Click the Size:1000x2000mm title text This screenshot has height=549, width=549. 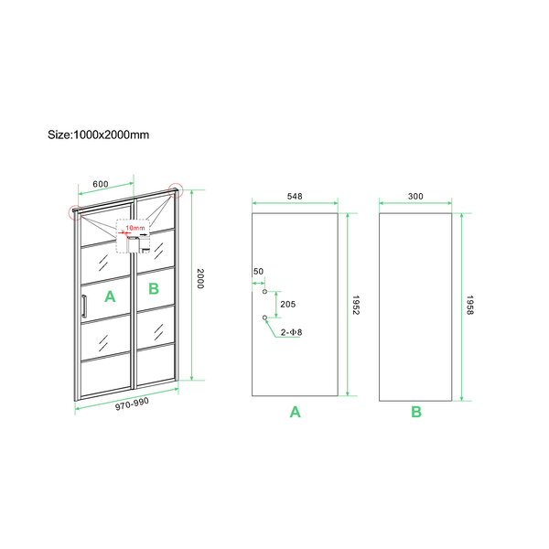click(99, 135)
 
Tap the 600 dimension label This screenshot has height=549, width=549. click(101, 184)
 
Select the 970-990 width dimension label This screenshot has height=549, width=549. click(132, 404)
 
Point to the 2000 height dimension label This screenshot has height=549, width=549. click(200, 279)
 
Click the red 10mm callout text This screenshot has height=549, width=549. click(135, 228)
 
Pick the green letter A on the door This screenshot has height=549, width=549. click(110, 296)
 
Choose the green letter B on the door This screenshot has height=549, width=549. click(154, 289)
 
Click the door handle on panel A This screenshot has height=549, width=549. click(84, 306)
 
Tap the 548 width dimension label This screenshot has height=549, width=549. click(295, 196)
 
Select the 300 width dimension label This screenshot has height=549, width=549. click(415, 196)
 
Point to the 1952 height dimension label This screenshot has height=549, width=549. click(356, 305)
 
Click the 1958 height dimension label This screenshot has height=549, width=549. click(470, 305)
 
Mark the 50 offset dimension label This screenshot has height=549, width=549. click(258, 272)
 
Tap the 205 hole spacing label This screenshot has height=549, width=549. click(288, 305)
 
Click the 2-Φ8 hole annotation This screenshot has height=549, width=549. click(291, 332)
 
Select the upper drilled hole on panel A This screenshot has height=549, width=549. click(264, 291)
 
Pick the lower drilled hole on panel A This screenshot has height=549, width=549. click(264, 318)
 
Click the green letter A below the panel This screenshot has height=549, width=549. click(296, 412)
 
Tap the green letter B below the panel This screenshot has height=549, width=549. click(416, 412)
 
